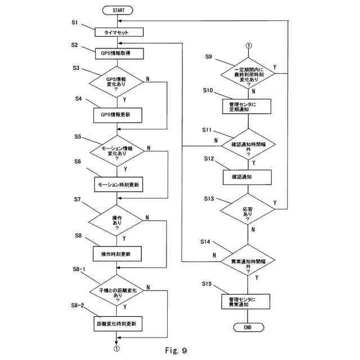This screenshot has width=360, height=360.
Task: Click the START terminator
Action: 118,10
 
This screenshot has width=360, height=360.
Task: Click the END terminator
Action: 249,327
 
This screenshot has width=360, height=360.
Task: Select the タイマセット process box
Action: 119,32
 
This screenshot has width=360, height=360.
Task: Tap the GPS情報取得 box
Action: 119,53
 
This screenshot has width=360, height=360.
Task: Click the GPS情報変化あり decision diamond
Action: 116,82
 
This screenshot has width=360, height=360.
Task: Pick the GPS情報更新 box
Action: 118,115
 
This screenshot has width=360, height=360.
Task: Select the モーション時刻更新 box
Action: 119,184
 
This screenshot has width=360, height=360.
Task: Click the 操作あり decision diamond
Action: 116,220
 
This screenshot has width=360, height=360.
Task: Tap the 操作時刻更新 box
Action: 117,254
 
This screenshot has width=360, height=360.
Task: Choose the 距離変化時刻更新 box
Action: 118,324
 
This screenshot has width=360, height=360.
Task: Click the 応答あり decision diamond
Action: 247,209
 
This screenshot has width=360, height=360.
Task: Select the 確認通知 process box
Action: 247,177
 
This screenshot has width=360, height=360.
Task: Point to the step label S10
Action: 208,91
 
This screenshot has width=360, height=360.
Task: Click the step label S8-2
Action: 78,305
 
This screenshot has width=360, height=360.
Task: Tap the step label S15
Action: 207,283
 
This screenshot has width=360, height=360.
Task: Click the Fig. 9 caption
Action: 176,350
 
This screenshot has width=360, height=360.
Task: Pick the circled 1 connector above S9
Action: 249,46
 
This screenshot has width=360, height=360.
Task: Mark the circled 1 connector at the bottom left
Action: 116,349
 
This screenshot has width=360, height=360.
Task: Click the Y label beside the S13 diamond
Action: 275,203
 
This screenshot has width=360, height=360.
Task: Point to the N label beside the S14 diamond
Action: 214,255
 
